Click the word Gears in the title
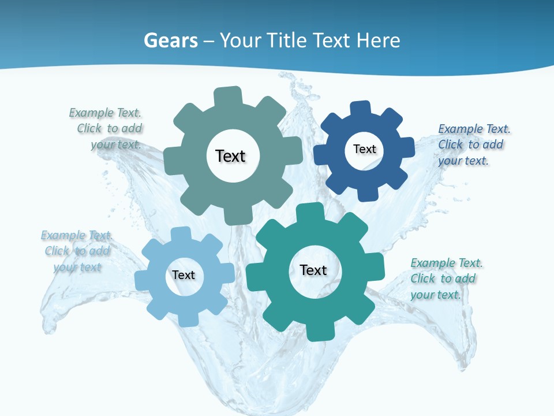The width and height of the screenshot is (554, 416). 170,40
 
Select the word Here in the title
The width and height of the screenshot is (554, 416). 378,40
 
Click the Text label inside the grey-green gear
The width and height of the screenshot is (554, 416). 230,156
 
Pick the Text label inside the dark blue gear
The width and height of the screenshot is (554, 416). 364,149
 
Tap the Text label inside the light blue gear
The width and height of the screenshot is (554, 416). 183,275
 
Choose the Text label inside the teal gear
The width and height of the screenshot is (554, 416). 313,270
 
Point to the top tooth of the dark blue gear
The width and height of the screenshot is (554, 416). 360,108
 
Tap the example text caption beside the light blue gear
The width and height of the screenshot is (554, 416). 77,251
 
